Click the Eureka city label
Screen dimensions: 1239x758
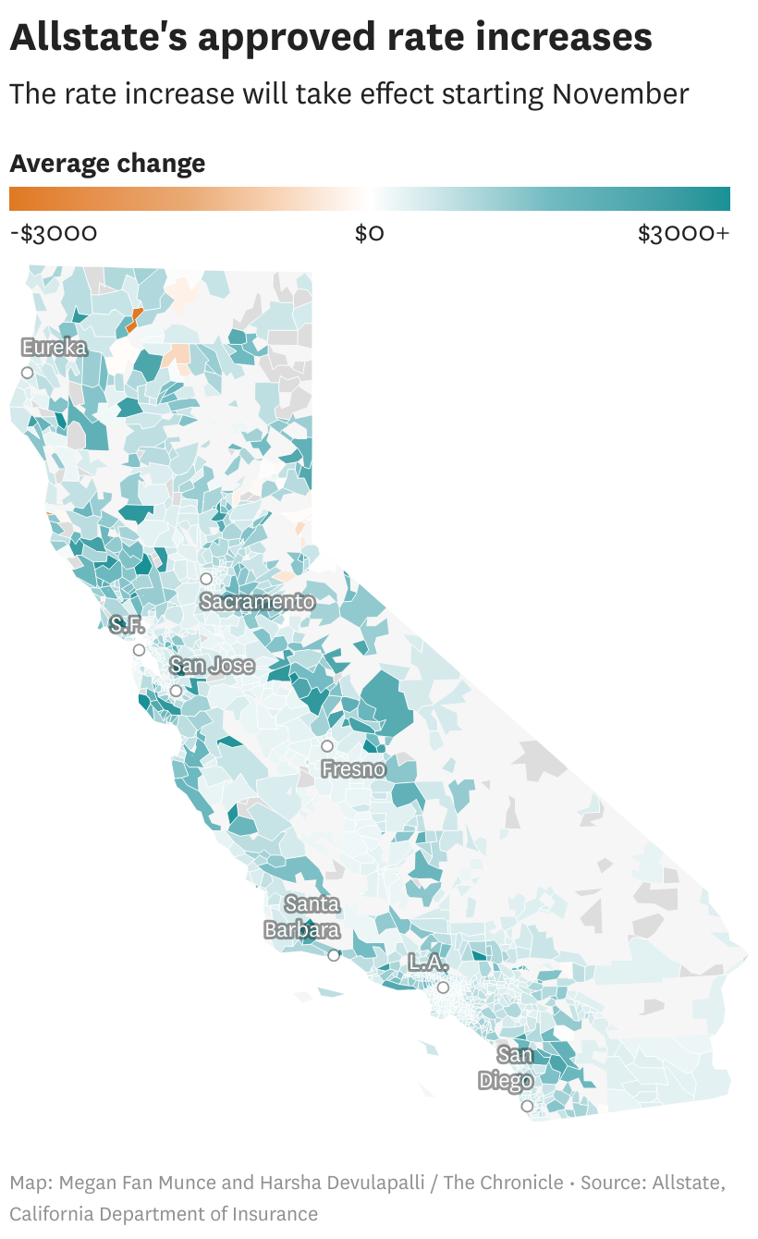55,348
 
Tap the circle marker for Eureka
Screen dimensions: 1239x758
28,373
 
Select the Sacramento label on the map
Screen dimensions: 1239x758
257,602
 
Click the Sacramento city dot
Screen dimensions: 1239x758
206,579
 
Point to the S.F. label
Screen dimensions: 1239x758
127,625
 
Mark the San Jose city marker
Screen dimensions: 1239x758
176,691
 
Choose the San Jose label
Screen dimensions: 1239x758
213,666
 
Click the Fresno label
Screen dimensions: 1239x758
352,768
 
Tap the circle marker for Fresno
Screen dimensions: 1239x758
327,746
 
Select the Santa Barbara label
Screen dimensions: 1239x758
303,917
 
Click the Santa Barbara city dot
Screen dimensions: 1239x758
334,955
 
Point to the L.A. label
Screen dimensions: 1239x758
429,963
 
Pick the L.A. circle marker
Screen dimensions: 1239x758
443,988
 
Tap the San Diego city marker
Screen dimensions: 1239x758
527,1106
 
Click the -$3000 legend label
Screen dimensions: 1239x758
53,233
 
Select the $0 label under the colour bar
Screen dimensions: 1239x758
369,233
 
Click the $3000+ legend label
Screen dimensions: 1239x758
683,233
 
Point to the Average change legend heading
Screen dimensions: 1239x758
107,164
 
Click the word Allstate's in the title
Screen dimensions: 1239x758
99,38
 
